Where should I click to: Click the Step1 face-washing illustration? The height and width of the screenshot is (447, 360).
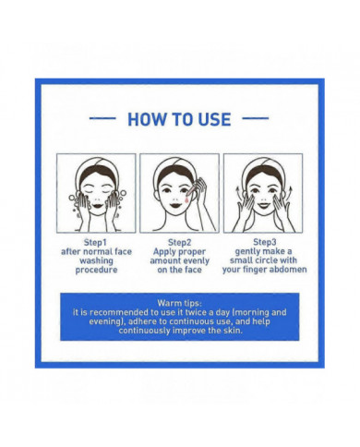(x=96, y=192)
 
